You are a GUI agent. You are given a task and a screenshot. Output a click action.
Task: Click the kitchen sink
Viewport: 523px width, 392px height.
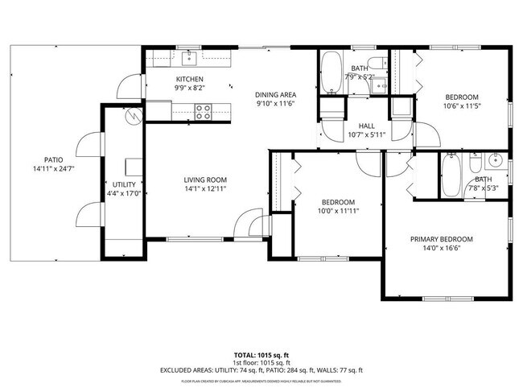[190, 57]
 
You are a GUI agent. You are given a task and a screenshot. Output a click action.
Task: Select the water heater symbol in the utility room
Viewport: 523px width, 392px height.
[131, 116]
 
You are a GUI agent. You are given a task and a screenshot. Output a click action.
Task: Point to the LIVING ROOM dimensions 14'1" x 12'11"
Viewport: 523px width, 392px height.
[205, 189]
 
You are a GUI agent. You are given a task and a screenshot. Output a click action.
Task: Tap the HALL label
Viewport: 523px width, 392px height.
[366, 126]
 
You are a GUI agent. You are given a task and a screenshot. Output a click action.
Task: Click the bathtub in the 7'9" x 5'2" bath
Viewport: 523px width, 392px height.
[332, 74]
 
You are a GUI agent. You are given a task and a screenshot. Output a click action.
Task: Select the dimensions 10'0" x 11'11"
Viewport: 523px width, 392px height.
[339, 211]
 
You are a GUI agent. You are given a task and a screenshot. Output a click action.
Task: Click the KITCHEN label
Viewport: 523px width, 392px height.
[190, 79]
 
